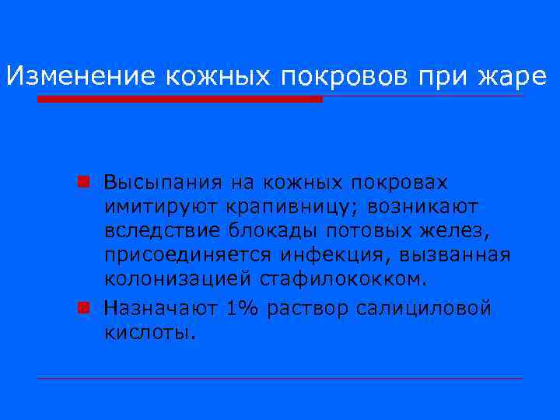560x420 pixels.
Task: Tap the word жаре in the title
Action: coord(516,75)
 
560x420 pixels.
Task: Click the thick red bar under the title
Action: coord(180,100)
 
